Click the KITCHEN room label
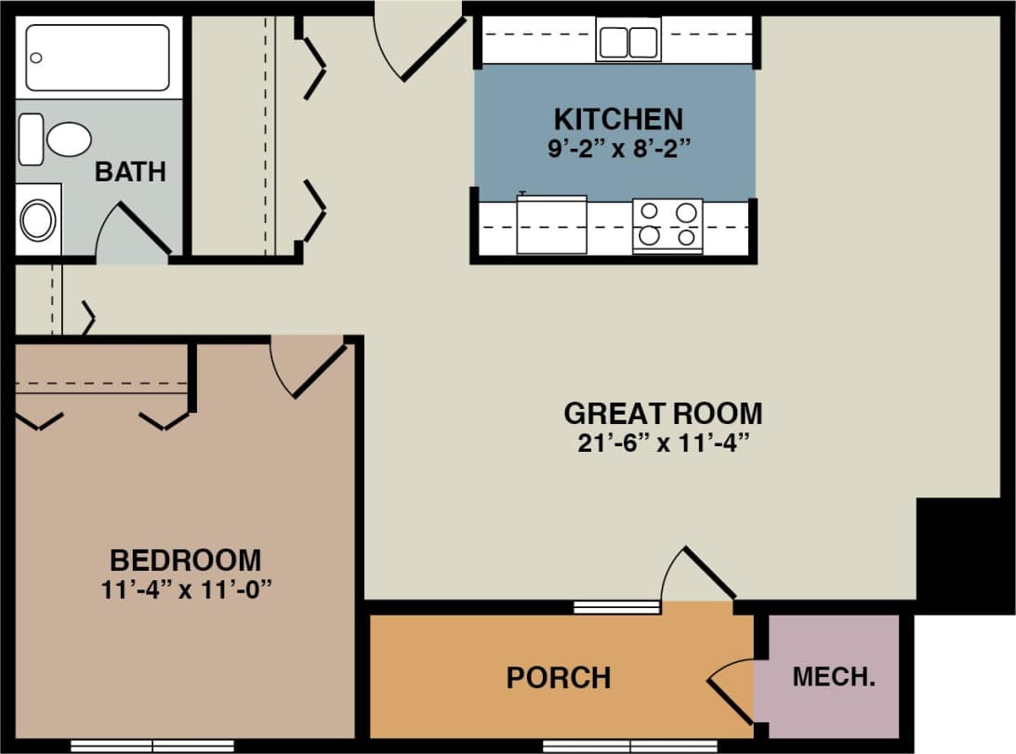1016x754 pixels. coord(617,119)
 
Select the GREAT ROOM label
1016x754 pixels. coord(663,413)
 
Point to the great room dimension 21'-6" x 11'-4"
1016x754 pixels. coord(663,442)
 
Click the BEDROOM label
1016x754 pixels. coord(185,561)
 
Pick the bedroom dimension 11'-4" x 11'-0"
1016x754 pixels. coord(185,589)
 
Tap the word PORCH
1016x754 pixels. coord(559,678)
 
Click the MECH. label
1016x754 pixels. coord(833,677)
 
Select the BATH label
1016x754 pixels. coord(130,172)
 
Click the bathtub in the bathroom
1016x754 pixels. coord(98,58)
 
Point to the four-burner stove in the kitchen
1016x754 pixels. coord(667,225)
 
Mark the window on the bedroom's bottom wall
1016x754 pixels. coord(152,746)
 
